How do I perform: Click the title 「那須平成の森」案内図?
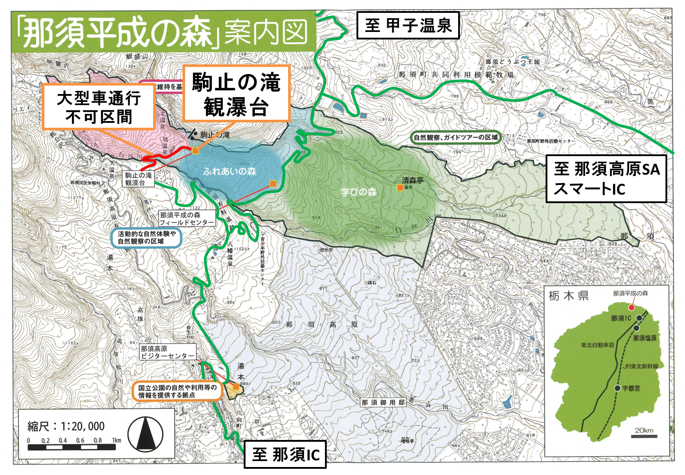pos(162,32)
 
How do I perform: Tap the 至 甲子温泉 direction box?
pos(408,25)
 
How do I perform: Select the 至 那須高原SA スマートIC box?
pos(606,179)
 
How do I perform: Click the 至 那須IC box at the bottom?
pos(285,454)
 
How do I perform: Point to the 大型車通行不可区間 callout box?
pos(99,107)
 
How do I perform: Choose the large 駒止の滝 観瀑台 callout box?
pos(236,94)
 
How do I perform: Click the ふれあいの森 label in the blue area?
pos(230,171)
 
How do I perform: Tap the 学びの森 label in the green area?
pos(358,192)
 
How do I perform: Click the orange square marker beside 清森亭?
pos(400,188)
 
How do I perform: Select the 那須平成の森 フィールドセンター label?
pos(186,219)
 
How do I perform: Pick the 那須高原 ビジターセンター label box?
pos(167,353)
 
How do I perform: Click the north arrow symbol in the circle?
pos(145,433)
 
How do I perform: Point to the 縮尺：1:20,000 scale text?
pos(66,426)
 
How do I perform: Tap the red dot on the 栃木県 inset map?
pos(631,307)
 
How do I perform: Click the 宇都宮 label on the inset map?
pos(631,388)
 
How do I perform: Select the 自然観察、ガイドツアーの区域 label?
pos(455,137)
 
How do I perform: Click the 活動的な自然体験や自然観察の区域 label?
pos(146,238)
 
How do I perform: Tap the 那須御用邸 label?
pos(383,402)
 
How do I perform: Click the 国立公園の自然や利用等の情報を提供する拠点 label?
pos(177,391)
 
